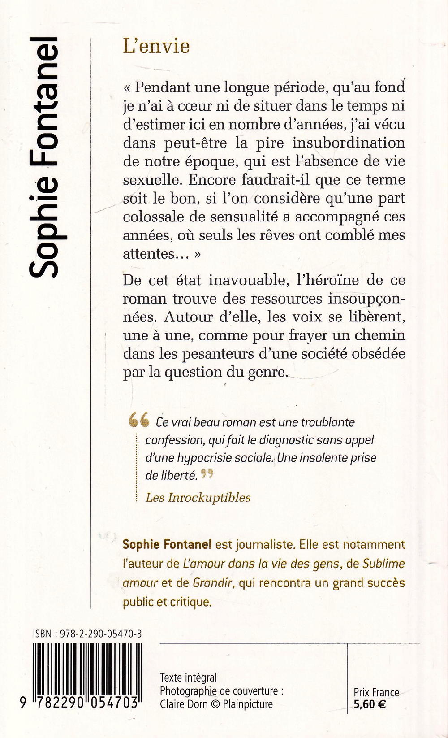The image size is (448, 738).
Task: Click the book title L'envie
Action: point(156,47)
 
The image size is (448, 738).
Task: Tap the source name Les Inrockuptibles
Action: point(198,497)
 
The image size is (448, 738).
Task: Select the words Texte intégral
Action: point(188,677)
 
